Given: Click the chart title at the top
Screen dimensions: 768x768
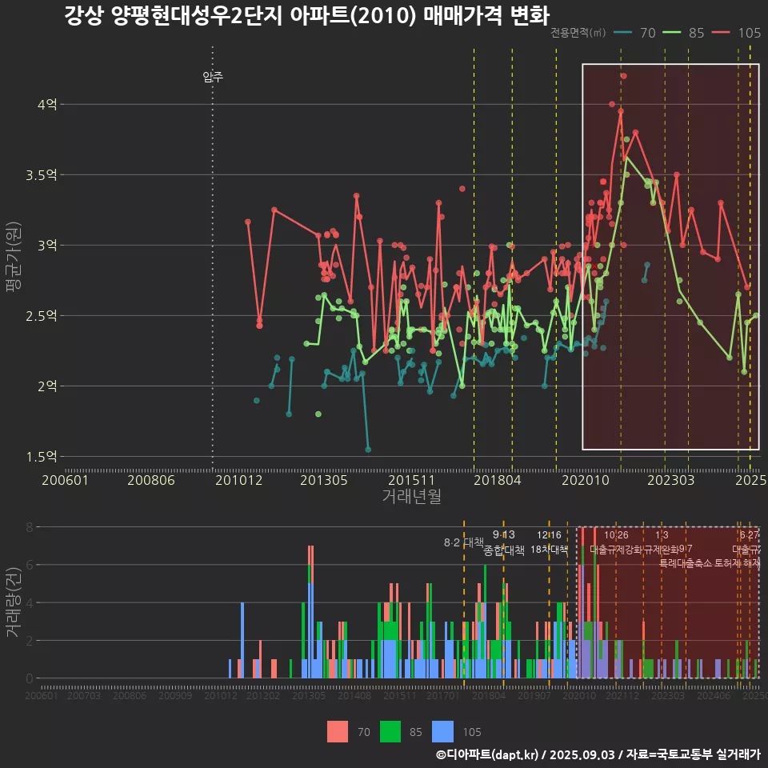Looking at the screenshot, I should [306, 17].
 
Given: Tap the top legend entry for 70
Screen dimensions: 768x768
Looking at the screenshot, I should [637, 33].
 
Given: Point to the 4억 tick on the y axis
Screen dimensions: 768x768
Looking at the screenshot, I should [47, 104].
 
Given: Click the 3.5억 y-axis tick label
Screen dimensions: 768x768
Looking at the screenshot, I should [42, 174].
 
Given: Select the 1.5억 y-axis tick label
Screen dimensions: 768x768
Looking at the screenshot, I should [42, 457].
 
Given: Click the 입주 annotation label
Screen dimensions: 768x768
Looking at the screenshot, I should [213, 78].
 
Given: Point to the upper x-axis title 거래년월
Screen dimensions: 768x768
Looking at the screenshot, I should [411, 496].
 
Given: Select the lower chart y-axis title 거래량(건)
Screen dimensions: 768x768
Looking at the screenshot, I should [13, 603].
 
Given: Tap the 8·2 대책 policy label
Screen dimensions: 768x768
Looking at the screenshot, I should [464, 542].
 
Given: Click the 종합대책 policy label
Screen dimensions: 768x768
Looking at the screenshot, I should [504, 550].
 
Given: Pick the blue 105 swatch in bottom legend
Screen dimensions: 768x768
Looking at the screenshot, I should [442, 731].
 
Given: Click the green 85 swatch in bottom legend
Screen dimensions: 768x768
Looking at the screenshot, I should [390, 731].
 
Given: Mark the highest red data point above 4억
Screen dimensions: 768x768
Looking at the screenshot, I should [623, 76].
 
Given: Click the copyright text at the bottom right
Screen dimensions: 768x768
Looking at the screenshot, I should [598, 754].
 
